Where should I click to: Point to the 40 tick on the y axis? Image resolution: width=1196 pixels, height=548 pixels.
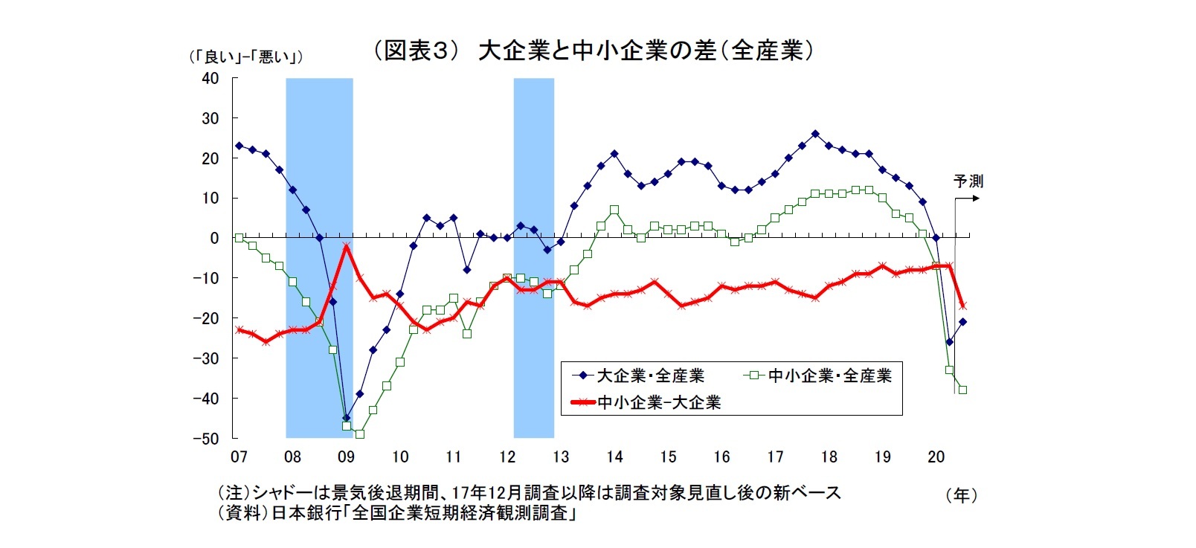pos(210,78)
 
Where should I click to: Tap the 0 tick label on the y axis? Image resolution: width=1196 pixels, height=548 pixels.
pos(214,238)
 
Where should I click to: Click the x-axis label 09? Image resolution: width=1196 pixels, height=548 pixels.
pos(346,457)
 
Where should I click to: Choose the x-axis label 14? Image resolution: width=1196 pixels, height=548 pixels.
pos(614,457)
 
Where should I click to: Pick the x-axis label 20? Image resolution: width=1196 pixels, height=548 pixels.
pos(936,457)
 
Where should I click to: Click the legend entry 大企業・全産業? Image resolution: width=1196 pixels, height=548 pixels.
pos(650,375)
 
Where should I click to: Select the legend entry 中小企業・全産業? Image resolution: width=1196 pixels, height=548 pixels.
pos(829,375)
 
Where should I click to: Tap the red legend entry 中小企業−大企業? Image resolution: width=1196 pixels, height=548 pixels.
pos(659,402)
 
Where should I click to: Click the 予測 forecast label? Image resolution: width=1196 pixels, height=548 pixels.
pos(968,181)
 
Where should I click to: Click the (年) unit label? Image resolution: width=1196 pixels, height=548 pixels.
pos(961,495)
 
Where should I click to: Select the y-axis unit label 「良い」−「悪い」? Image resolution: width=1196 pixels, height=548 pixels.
pos(245,57)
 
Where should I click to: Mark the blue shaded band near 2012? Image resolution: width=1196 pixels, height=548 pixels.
pos(533,257)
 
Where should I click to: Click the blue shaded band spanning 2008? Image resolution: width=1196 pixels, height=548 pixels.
pos(319,257)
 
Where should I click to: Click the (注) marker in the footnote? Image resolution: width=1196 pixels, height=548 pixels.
pos(234,492)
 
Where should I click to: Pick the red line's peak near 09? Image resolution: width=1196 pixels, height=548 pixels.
pos(346,246)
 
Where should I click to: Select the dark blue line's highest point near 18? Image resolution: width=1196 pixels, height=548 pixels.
pos(815,134)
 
